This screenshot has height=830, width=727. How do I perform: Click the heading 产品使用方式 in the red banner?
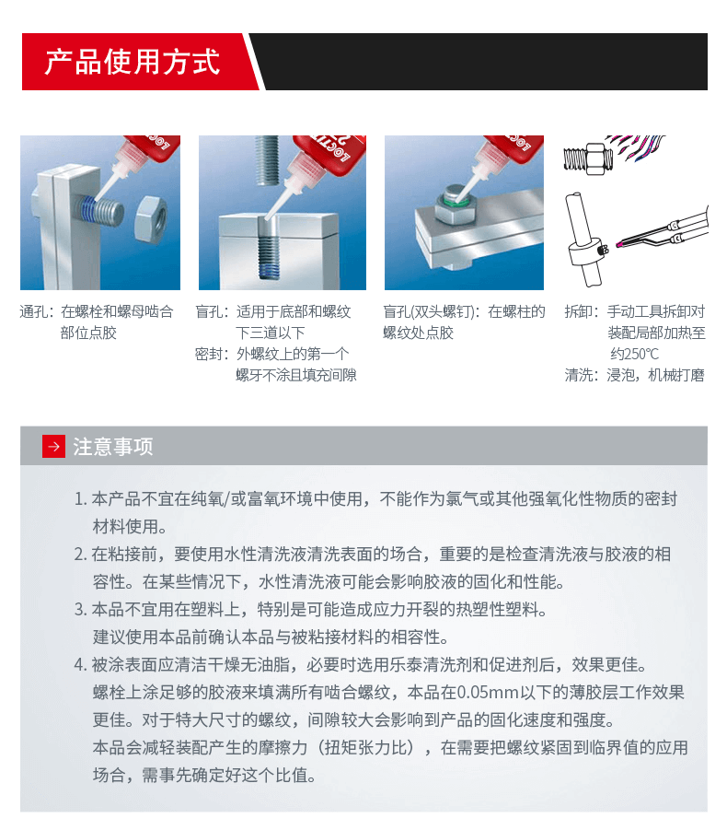(132, 62)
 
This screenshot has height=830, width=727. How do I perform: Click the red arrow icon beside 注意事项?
(53, 446)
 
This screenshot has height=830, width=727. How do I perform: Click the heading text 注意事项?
(113, 447)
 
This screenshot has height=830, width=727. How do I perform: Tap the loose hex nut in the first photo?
(151, 217)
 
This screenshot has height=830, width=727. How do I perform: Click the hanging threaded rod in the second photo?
(268, 160)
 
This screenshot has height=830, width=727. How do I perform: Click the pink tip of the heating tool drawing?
(619, 244)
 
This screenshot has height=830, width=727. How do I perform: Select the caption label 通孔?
(37, 311)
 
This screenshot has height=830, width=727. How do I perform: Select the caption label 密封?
(212, 354)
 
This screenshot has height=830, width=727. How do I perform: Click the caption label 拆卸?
(583, 311)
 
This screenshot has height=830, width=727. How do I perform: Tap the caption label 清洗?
(583, 375)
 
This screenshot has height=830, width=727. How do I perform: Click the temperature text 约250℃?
(634, 354)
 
